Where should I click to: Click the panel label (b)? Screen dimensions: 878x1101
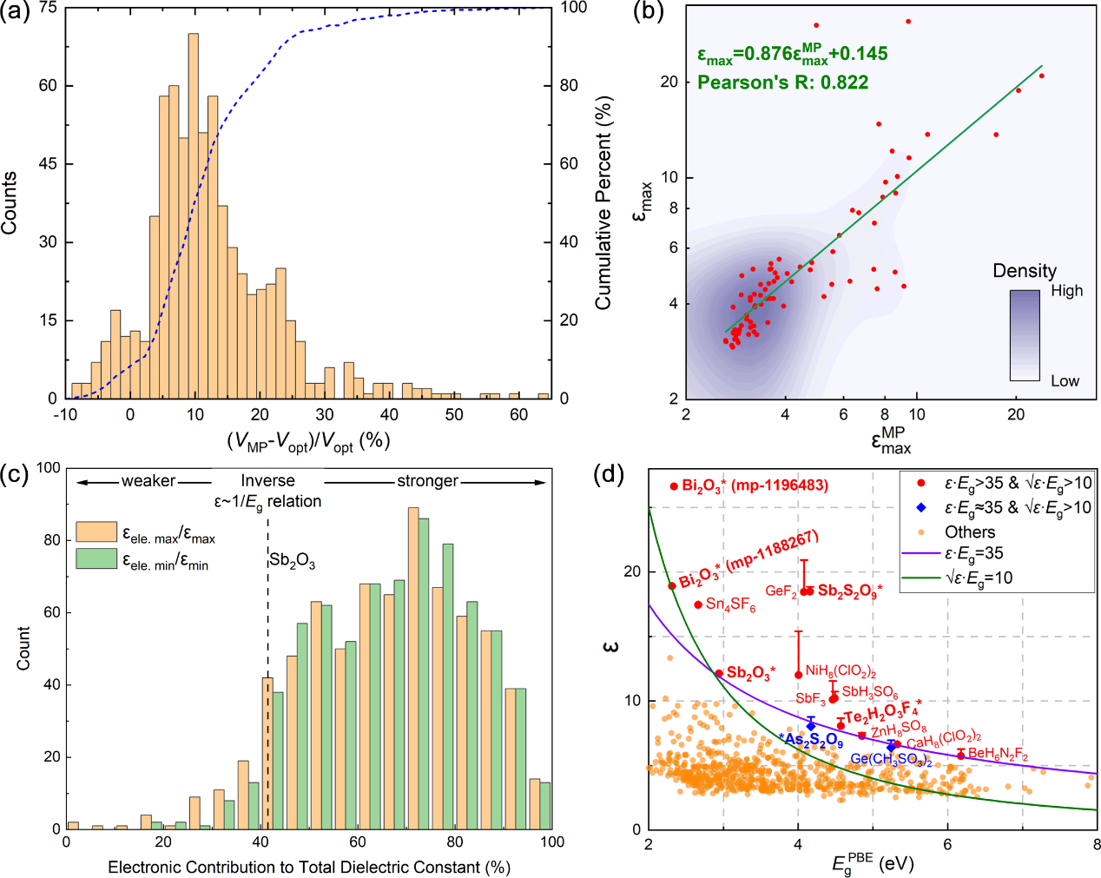[x=648, y=12]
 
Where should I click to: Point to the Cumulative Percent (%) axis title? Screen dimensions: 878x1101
[x=603, y=202]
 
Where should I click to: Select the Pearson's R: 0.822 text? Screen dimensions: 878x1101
[x=782, y=83]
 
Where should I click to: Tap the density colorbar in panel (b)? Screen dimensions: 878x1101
[x=1024, y=335]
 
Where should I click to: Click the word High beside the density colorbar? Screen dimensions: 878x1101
[x=1066, y=291]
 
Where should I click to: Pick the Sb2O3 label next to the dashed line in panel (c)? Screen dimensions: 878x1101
[x=293, y=561]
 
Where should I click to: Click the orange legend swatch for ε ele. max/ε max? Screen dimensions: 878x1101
[x=96, y=531]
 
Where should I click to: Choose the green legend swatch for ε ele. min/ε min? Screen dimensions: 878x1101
[x=96, y=558]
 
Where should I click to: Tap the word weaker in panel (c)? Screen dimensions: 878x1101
[x=148, y=481]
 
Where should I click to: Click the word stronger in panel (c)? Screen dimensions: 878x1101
[x=427, y=481]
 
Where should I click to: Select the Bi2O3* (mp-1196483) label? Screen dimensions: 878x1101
[x=755, y=485]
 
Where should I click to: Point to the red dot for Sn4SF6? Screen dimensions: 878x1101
[x=698, y=604]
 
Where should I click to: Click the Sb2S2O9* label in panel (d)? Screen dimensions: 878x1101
[x=849, y=591]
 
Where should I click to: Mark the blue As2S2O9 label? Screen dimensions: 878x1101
[x=813, y=740]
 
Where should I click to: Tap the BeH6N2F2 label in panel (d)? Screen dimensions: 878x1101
[x=998, y=754]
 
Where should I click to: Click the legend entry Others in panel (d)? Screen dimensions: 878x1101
[x=970, y=531]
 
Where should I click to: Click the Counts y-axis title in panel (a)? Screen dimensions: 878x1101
[x=10, y=202]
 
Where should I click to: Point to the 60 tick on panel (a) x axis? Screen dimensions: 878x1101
[x=518, y=415]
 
